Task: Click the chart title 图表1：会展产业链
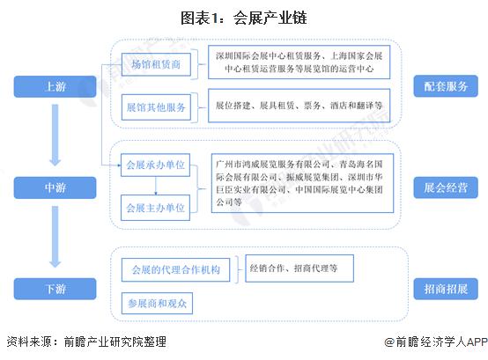pyautogui.click(x=244, y=18)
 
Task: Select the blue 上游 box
pyautogui.click(x=55, y=86)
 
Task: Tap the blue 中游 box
pyautogui.click(x=55, y=187)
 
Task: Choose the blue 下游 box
pyautogui.click(x=55, y=289)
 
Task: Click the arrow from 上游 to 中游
pyautogui.click(x=55, y=135)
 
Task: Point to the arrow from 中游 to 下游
pyautogui.click(x=55, y=237)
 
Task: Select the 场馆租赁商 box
pyautogui.click(x=156, y=64)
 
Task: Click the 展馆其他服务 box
pyautogui.click(x=156, y=107)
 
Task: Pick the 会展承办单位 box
pyautogui.click(x=155, y=165)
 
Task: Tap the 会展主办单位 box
pyautogui.click(x=155, y=208)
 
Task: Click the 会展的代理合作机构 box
pyautogui.click(x=175, y=269)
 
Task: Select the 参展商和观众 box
pyautogui.click(x=157, y=303)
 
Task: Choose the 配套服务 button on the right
pyautogui.click(x=446, y=86)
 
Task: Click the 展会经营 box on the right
pyautogui.click(x=446, y=187)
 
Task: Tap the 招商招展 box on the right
pyautogui.click(x=446, y=289)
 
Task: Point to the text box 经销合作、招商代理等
pyautogui.click(x=299, y=268)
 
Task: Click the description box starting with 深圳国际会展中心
pyautogui.click(x=299, y=62)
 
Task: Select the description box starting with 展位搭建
pyautogui.click(x=299, y=106)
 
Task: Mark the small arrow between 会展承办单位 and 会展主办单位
pyautogui.click(x=156, y=186)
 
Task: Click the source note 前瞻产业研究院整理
pyautogui.click(x=115, y=342)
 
